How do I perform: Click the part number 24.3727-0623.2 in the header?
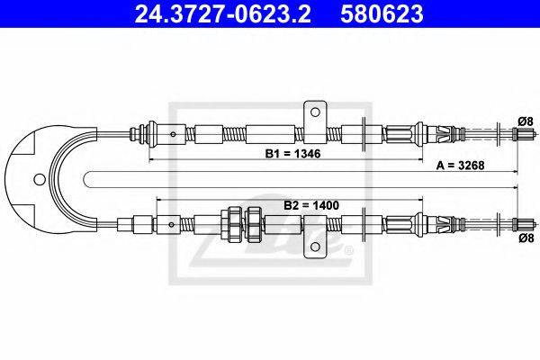(x=222, y=13)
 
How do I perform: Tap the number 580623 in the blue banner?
(x=382, y=13)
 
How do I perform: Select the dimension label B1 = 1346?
(x=292, y=153)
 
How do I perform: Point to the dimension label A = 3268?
(x=460, y=166)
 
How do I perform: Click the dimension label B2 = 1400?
(x=311, y=206)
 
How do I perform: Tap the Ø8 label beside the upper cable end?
(x=526, y=121)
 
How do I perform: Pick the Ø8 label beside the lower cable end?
(x=526, y=238)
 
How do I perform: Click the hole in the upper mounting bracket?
(x=314, y=112)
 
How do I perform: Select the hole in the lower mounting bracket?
(x=314, y=247)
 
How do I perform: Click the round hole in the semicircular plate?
(x=40, y=179)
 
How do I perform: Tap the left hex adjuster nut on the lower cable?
(x=235, y=223)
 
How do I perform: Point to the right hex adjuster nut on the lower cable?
(x=255, y=223)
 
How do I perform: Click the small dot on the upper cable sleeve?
(x=173, y=134)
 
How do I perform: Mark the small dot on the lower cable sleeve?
(x=171, y=225)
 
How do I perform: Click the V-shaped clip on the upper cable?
(x=445, y=134)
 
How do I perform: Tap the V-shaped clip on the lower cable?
(x=445, y=225)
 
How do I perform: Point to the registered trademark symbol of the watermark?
(x=348, y=250)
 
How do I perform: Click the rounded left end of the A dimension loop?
(x=85, y=179)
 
